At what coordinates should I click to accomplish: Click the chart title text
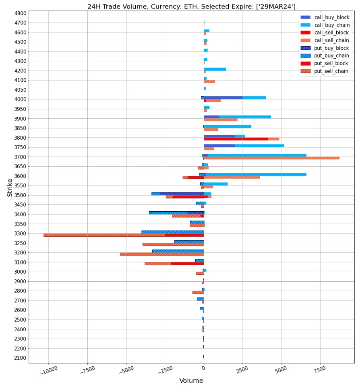pos(191,6)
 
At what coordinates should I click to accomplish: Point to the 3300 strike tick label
pos(20,233)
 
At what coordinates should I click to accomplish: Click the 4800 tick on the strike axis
pos(20,13)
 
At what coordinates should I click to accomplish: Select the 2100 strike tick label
pos(20,358)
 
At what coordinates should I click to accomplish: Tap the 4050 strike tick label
pos(20,90)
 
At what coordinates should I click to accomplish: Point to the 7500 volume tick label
pos(319,370)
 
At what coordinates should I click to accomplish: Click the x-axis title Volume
pos(191,381)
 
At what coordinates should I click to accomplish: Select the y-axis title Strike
pos(10,188)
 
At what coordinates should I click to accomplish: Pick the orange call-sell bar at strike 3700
pos(271,158)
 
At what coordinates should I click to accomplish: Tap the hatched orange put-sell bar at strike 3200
pos(162,254)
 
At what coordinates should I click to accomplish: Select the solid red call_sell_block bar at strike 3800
pos(236,139)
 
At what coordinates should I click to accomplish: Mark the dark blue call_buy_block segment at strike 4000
pos(223,98)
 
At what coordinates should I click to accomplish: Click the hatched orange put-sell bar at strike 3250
pos(173,244)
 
